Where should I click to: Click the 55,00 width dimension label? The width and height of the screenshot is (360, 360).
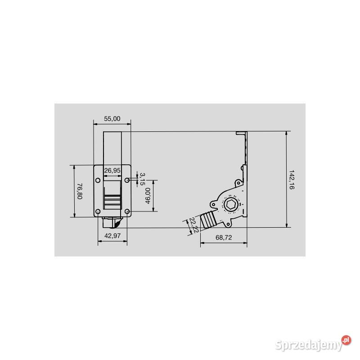[x=112, y=119]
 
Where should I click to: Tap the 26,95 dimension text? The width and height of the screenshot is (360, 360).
[x=112, y=171]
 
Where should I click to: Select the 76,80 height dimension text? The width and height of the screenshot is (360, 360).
[x=80, y=191]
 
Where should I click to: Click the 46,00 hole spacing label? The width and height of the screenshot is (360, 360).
[x=147, y=196]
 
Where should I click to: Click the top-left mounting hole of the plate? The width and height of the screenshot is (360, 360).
[x=97, y=180]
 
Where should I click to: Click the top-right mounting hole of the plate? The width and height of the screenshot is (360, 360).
[x=127, y=180]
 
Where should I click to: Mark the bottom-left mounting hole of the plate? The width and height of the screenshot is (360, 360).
[x=97, y=211]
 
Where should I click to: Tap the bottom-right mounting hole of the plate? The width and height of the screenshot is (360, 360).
[x=127, y=211]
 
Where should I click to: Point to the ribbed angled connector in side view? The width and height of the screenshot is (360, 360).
[x=208, y=220]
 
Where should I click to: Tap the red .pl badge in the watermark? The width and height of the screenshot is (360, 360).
[x=345, y=340]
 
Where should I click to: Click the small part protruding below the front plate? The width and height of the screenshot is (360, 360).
[x=112, y=222]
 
